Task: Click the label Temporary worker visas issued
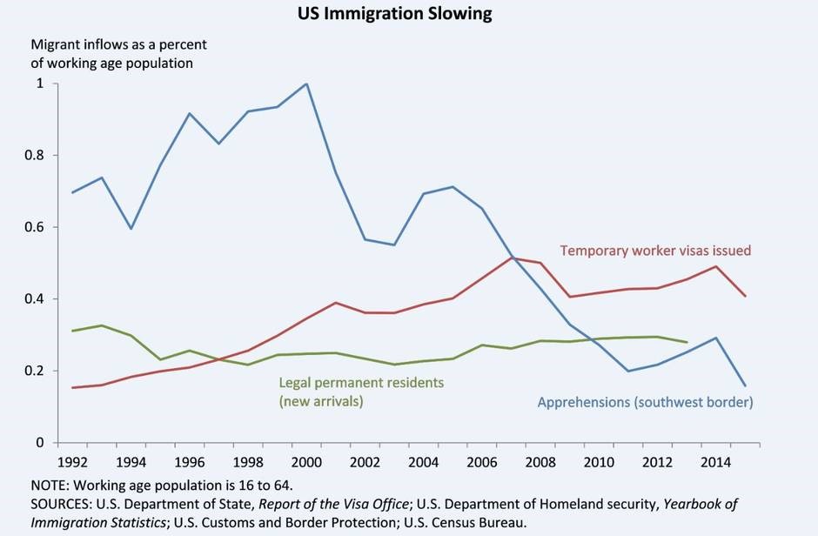(x=655, y=251)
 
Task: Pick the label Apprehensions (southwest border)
(x=645, y=402)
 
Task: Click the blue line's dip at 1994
(x=131, y=228)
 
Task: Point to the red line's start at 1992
(x=72, y=387)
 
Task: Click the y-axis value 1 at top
(x=39, y=84)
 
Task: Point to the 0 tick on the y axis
(x=39, y=443)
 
